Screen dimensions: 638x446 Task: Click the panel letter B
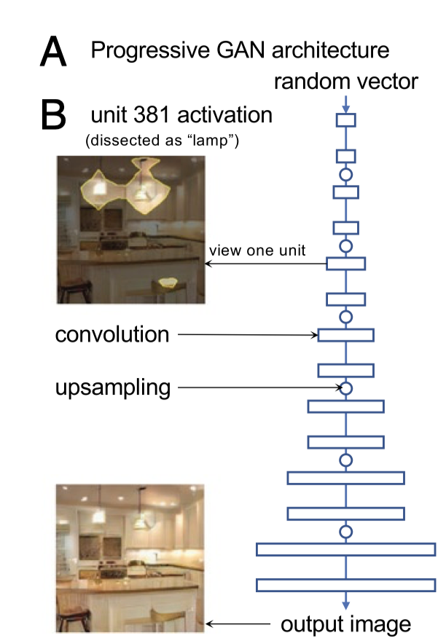(54, 115)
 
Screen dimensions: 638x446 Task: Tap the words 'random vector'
(346, 81)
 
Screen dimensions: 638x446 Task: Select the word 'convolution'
(112, 335)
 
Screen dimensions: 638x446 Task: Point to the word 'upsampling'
(112, 387)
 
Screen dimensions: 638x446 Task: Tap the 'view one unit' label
(257, 251)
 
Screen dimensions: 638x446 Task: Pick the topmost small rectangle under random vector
(346, 119)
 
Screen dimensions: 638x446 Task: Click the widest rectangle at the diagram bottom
(346, 549)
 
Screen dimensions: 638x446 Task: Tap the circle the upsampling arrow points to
(346, 388)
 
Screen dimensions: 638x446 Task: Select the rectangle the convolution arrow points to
(346, 335)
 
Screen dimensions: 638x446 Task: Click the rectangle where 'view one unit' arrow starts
(346, 263)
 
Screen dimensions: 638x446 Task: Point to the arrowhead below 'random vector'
(346, 108)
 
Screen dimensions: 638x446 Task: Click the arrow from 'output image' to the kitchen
(240, 624)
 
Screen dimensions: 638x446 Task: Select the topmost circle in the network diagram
(346, 174)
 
